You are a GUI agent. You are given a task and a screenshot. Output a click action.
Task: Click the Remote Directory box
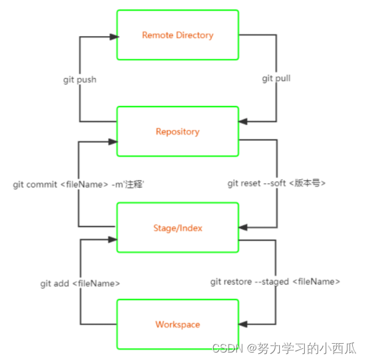(178, 35)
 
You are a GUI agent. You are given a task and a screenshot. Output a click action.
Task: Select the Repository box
(178, 131)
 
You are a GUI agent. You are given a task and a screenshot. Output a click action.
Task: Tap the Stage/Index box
(178, 228)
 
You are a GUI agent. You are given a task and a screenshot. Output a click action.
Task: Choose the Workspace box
(178, 324)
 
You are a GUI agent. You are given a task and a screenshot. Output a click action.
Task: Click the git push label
(80, 80)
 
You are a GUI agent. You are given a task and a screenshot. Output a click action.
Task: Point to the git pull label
(276, 79)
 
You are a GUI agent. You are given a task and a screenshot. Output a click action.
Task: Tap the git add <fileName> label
(80, 283)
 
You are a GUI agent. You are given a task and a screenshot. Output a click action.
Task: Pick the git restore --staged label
(275, 282)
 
